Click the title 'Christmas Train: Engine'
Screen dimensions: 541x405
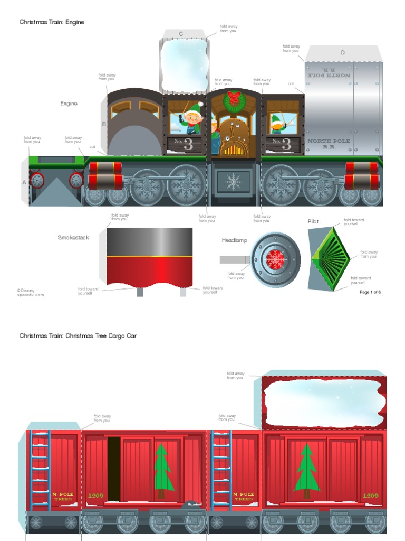click(52, 22)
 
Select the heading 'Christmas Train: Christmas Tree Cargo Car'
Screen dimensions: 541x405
click(78, 335)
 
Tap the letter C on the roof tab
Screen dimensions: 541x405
click(181, 34)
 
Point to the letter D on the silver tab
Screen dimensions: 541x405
click(343, 53)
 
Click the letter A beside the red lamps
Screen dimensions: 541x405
click(24, 182)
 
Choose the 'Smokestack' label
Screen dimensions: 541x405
click(73, 238)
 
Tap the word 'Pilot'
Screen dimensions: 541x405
click(313, 222)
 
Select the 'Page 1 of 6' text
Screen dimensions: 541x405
click(370, 292)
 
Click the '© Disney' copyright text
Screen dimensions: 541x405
click(26, 290)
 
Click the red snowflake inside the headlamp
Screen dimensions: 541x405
click(275, 259)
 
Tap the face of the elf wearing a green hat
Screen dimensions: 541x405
click(194, 117)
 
